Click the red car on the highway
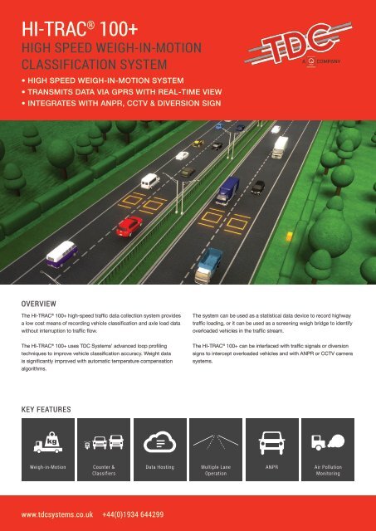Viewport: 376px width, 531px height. tap(129, 225)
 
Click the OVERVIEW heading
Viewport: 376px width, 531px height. tap(41, 304)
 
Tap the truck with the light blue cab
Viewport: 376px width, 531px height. tap(211, 263)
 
